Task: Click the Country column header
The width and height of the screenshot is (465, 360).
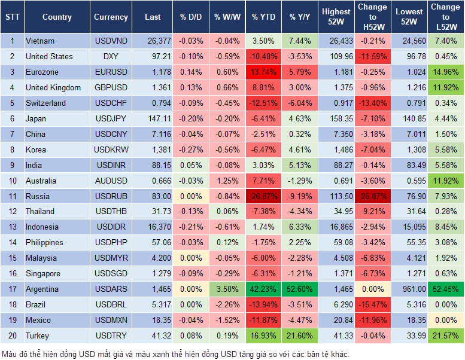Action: point(57,17)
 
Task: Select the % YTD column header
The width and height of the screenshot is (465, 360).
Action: point(263,17)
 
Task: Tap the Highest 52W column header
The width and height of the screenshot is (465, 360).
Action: point(336,17)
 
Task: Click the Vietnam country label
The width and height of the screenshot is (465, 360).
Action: point(40,41)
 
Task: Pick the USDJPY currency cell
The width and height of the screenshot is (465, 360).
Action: point(111,118)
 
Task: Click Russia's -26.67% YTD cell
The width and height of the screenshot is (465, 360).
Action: point(263,196)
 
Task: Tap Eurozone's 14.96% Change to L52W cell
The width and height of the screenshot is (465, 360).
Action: point(446,72)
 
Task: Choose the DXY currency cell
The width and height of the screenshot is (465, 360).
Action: point(111,56)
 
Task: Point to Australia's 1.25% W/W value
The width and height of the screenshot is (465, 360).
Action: point(226,181)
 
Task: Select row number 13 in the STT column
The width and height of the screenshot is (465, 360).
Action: point(11,227)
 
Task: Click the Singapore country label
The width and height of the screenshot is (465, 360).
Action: point(43,273)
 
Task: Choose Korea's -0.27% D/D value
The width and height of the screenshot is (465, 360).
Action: point(190,150)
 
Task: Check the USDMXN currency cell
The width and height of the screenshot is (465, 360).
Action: point(111,320)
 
